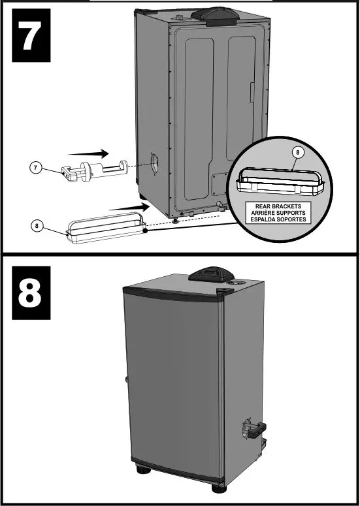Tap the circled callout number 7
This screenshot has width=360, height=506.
pos(38,168)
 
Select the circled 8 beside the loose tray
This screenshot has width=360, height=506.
pos(38,227)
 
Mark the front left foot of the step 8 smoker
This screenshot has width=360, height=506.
pos(141,470)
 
